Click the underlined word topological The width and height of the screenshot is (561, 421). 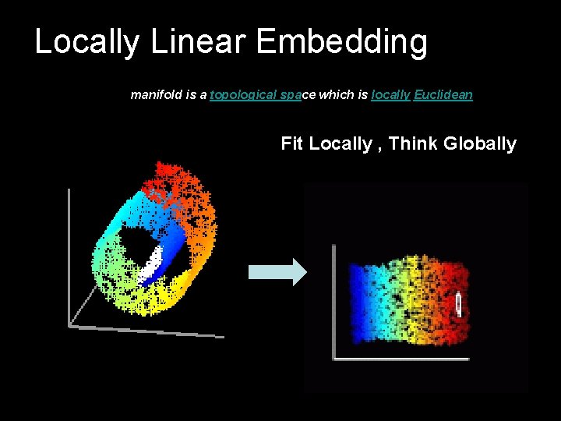pos(243,95)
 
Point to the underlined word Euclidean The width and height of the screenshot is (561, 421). pos(443,95)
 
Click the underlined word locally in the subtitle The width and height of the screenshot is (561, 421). pos(390,95)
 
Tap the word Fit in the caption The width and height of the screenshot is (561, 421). pos(292,143)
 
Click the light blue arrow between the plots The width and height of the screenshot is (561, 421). pos(277,271)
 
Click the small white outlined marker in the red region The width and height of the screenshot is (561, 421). pos(459,303)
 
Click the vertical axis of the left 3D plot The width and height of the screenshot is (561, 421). pos(69,249)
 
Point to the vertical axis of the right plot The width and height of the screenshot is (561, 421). pos(333,300)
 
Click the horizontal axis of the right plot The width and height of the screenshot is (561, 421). pos(401,359)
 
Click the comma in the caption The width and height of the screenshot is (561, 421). pos(379,148)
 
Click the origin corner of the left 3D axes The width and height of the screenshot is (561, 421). pos(70,325)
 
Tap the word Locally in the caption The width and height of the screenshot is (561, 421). pos(341,143)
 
